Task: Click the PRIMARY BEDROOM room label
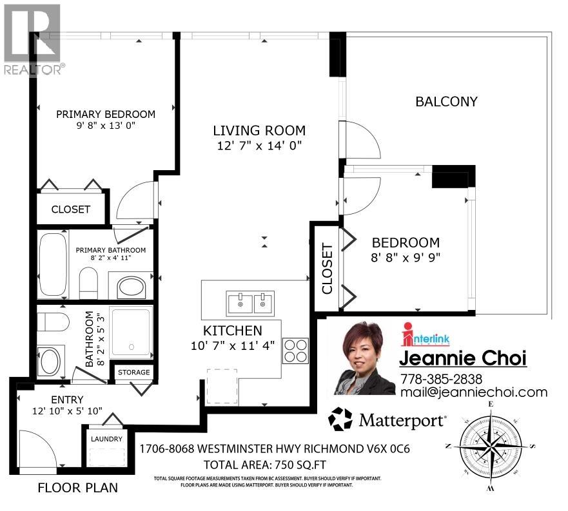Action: coord(106,114)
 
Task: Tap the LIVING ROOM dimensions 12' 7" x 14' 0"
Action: coord(259,146)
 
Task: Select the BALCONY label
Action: coord(446,101)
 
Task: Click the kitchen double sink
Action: coord(250,301)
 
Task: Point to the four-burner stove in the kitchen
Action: coord(295,351)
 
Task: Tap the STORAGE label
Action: coord(133,372)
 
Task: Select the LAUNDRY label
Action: coord(105,439)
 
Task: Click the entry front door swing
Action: coord(39,448)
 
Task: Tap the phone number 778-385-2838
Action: coord(441,379)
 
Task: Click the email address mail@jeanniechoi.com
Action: coord(473,392)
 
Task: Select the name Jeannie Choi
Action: coord(463,358)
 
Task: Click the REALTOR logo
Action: coord(32,39)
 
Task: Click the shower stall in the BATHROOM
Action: coord(131,332)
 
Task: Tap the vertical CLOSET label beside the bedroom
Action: coord(327,267)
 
